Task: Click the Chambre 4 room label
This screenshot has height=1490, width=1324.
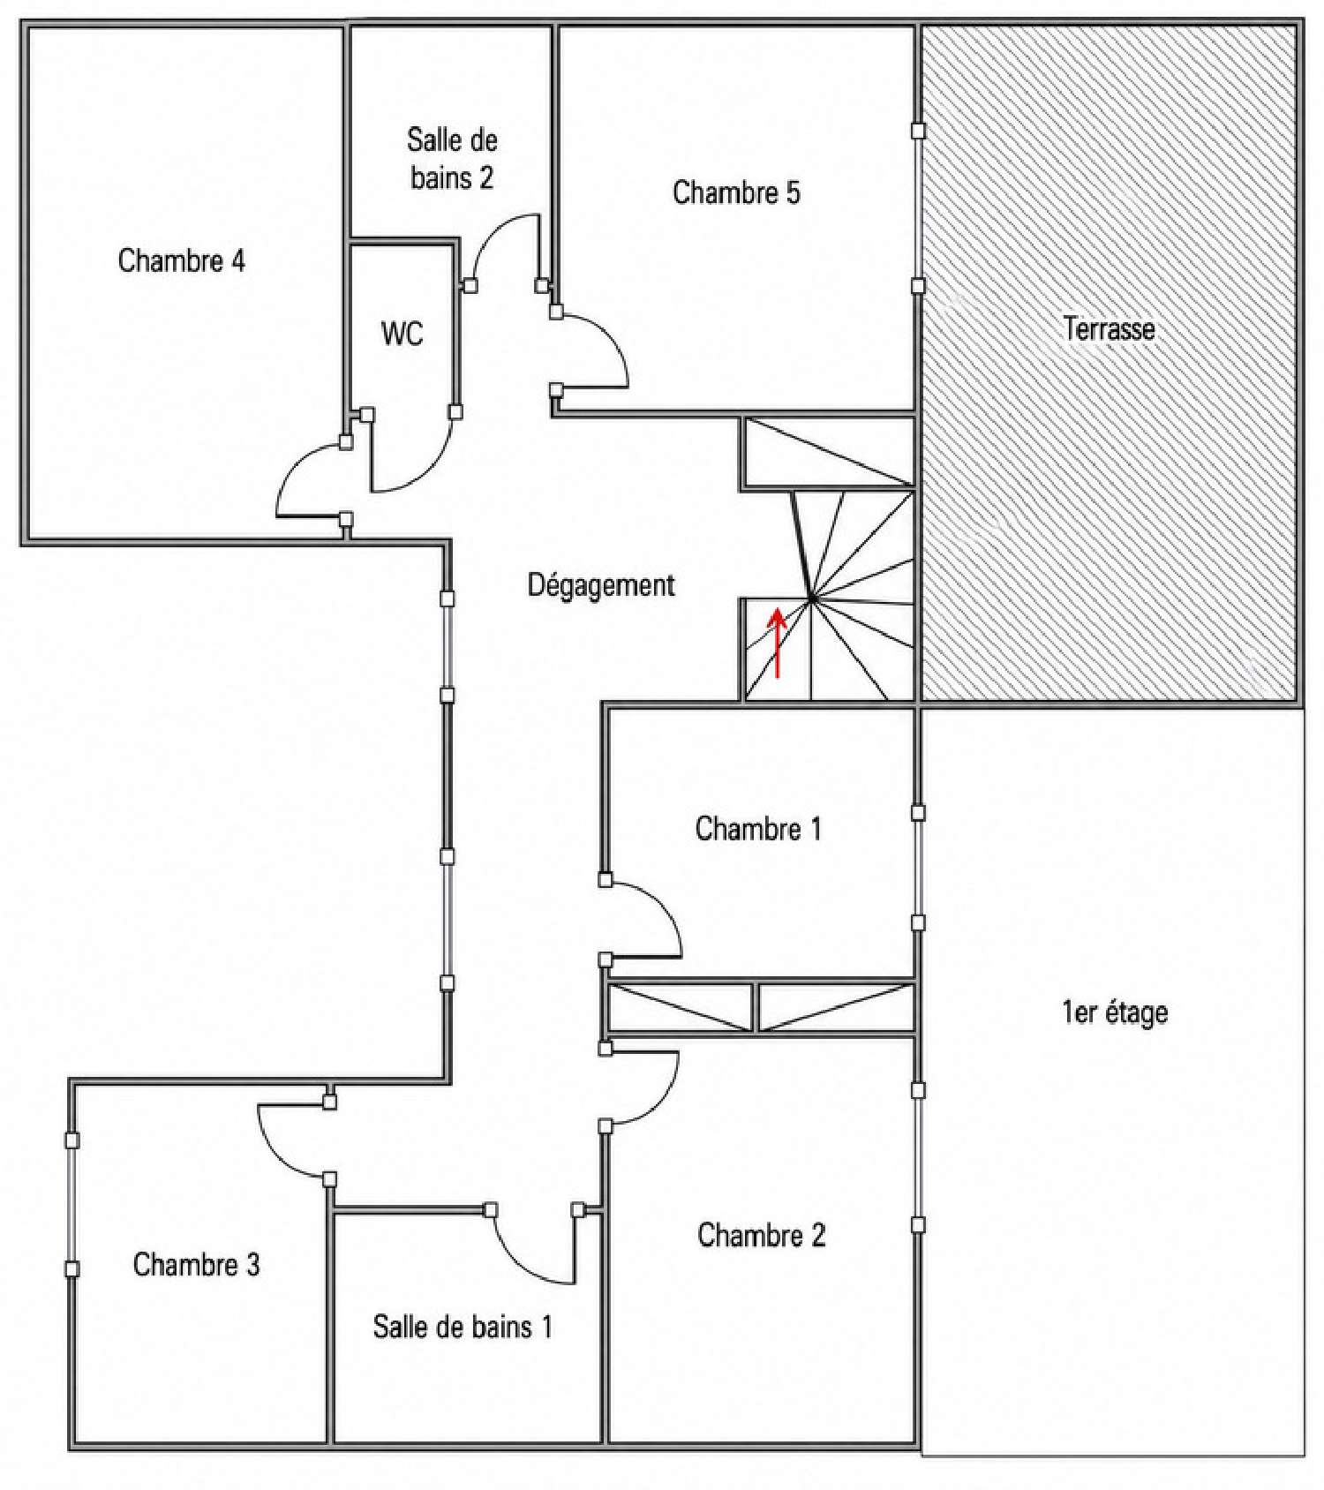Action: point(182,260)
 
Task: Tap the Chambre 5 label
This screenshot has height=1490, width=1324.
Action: point(736,192)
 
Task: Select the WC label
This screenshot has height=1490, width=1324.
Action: point(402,334)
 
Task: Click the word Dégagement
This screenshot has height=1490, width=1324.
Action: point(601,585)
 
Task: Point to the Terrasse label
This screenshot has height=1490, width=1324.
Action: point(1110,329)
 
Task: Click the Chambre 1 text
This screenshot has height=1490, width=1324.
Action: point(758,829)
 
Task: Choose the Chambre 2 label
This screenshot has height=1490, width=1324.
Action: point(762,1235)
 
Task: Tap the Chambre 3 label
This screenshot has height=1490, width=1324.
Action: point(196,1265)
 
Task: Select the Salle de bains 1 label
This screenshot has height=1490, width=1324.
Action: point(463,1327)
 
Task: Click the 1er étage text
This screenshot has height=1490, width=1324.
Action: point(1115,1012)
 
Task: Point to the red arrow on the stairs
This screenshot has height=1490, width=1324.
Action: point(778,643)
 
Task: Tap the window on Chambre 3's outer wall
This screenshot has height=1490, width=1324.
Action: point(72,1204)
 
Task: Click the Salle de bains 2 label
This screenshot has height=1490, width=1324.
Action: point(452,159)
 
